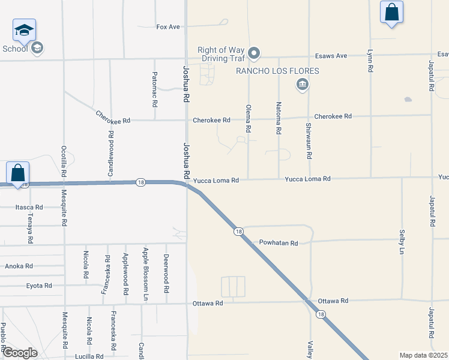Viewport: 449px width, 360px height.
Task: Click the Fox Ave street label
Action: (x=168, y=27)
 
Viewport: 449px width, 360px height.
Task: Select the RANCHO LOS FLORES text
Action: (x=277, y=71)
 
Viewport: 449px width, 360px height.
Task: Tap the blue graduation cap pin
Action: (x=25, y=31)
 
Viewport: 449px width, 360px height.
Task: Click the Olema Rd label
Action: (x=248, y=118)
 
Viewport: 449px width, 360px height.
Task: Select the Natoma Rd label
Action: (x=279, y=121)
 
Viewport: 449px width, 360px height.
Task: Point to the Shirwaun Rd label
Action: (x=309, y=140)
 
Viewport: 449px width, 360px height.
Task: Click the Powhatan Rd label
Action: (x=279, y=243)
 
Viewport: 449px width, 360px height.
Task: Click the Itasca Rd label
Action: (x=29, y=207)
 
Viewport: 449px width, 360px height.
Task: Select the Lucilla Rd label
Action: (x=90, y=356)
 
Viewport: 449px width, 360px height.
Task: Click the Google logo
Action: (x=20, y=353)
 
